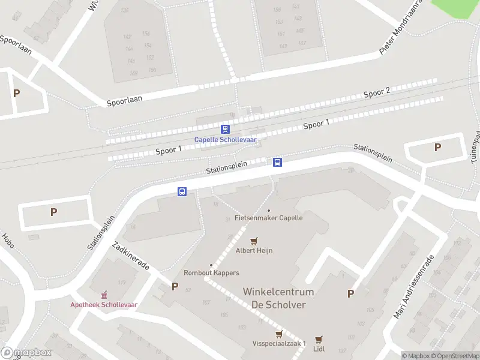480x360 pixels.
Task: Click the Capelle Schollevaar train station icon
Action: click(225, 129)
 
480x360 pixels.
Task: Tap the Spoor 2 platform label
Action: click(377, 92)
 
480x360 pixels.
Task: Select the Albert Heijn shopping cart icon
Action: click(254, 241)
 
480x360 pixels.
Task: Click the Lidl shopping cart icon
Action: click(319, 340)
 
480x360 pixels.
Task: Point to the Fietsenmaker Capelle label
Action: click(269, 217)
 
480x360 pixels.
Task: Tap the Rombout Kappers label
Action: click(211, 272)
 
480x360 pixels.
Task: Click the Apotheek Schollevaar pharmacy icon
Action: click(104, 295)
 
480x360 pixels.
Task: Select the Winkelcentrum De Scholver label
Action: click(278, 298)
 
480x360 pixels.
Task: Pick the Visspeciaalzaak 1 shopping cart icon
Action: click(278, 334)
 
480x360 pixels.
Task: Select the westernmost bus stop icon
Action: click(182, 192)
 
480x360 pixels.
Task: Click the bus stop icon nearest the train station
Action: click(278, 162)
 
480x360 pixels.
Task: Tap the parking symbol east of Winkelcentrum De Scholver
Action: click(350, 293)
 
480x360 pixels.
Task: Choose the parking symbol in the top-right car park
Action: click(437, 147)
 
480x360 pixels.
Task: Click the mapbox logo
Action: click(26, 353)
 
